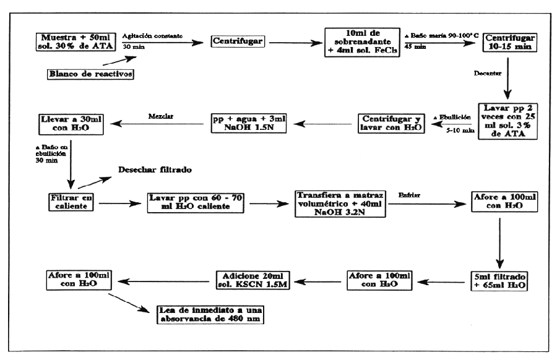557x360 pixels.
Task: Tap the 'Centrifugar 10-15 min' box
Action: pos(509,42)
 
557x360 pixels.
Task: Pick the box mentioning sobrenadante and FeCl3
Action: pos(361,42)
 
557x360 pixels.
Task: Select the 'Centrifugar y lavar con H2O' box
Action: pos(390,123)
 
